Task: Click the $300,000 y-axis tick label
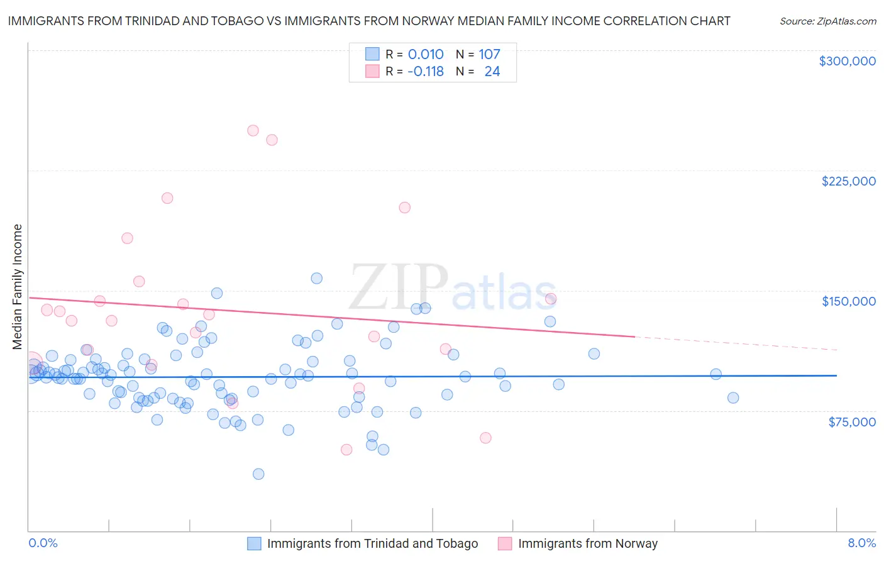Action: click(x=847, y=61)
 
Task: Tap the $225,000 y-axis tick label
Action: click(x=848, y=181)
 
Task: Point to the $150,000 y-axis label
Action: click(x=848, y=301)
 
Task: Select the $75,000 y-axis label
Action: click(x=851, y=422)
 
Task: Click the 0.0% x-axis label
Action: click(x=43, y=543)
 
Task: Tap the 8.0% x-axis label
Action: click(x=861, y=543)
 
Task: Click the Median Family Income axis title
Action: click(x=17, y=287)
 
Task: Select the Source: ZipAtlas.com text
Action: click(x=827, y=21)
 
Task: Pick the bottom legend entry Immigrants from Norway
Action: click(x=587, y=543)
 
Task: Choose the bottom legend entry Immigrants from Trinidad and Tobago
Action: click(x=372, y=543)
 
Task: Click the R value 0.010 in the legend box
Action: click(x=426, y=55)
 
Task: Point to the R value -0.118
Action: click(x=426, y=72)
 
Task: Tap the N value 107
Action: click(x=489, y=55)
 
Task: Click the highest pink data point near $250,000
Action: click(x=253, y=131)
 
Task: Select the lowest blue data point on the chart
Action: click(x=258, y=474)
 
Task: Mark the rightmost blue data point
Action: click(x=732, y=398)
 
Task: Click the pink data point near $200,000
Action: click(x=405, y=208)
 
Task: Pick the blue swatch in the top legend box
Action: click(x=372, y=54)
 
